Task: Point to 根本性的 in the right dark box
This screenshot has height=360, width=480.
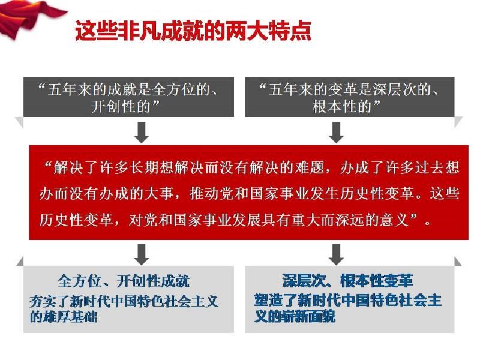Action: pos(342,107)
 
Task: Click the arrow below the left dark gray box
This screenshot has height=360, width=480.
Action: pos(142,132)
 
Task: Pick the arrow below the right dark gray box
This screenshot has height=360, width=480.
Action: pos(336,132)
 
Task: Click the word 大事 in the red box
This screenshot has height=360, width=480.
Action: pos(158,194)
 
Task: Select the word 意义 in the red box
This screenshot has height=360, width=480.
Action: pos(394,220)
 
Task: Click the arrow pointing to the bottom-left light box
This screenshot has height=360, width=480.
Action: pos(142,254)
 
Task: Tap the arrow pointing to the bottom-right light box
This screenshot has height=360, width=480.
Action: pos(336,254)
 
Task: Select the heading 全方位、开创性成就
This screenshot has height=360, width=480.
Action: pos(124,281)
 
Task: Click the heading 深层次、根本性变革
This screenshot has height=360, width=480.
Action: pos(347,281)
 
